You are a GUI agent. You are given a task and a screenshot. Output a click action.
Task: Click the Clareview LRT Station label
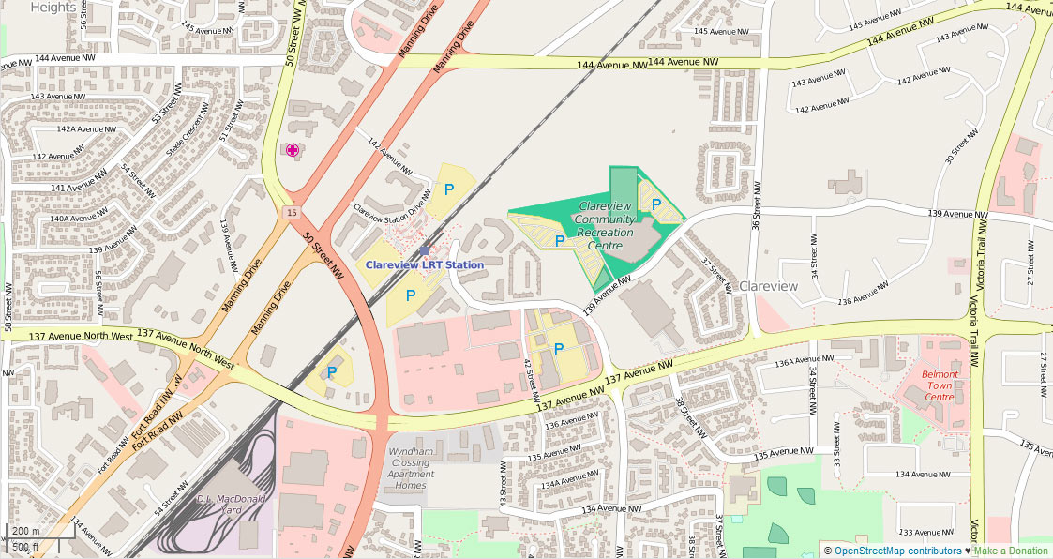[425, 265]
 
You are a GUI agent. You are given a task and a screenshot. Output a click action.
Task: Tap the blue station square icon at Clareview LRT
[424, 250]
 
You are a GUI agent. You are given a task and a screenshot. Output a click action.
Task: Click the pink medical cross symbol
[293, 150]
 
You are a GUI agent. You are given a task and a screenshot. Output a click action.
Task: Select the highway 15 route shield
[293, 214]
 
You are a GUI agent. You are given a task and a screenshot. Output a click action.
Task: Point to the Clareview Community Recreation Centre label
[605, 225]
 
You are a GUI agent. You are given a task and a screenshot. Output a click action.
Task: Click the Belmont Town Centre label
[940, 385]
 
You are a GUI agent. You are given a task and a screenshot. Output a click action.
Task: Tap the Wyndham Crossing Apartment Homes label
[411, 468]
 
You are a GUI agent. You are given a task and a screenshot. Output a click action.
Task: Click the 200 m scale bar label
[25, 531]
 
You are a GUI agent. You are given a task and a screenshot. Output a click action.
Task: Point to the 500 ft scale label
[25, 546]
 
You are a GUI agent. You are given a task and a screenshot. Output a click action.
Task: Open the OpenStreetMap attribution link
[897, 551]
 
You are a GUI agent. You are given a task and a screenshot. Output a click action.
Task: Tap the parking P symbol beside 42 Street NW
[559, 349]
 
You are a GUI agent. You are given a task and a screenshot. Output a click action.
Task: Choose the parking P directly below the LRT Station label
[411, 295]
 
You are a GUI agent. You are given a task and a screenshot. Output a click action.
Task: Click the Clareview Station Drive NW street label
[392, 208]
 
